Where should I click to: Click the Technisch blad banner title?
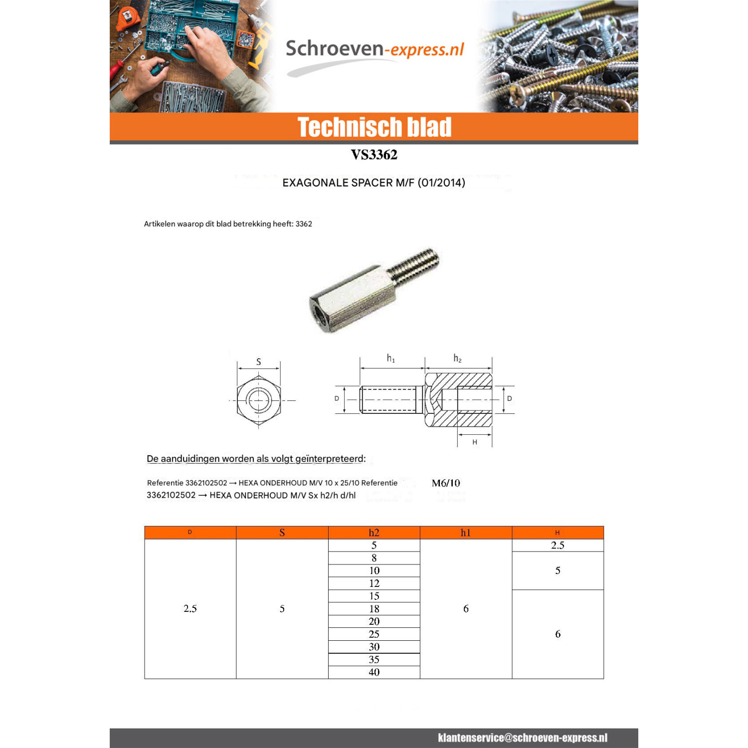pos(374,127)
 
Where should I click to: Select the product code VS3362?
pos(374,155)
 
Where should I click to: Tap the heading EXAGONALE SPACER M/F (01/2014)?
pos(374,183)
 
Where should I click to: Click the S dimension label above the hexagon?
pos(258,362)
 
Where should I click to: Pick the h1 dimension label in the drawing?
pos(391,359)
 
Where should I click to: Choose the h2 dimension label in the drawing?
pos(457,359)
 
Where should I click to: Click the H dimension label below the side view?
pos(475,442)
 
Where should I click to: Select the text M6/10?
pos(446,483)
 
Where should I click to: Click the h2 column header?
pos(374,533)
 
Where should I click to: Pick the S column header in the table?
pos(282,533)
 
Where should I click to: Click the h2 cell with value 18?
pos(374,609)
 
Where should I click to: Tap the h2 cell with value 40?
pos(374,672)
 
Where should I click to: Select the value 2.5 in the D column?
pos(190,608)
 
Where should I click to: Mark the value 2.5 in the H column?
pos(558,546)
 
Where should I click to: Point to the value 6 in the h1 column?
pos(466,608)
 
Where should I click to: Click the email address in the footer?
pos(523,738)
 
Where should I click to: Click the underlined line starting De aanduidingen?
pos(256,459)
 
